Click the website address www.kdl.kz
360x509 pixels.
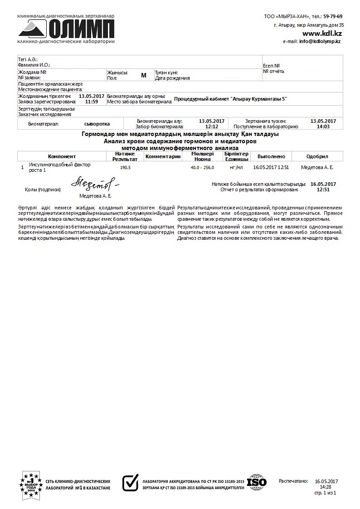tap(322, 34)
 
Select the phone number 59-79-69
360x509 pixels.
tap(333, 16)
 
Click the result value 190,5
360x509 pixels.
tap(125, 167)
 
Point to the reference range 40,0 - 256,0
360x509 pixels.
tap(202, 167)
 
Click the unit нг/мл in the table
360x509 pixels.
tap(236, 167)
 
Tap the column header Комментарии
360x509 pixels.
tap(162, 156)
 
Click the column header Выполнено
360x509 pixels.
tap(271, 156)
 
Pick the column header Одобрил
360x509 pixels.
tap(317, 156)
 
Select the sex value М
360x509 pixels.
tap(144, 75)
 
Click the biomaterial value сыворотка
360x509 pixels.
tap(97, 123)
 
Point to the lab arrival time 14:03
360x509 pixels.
tap(323, 126)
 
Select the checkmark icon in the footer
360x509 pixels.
tap(131, 483)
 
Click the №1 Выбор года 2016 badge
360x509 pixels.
tap(31, 484)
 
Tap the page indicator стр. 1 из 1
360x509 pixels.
tap(325, 492)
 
